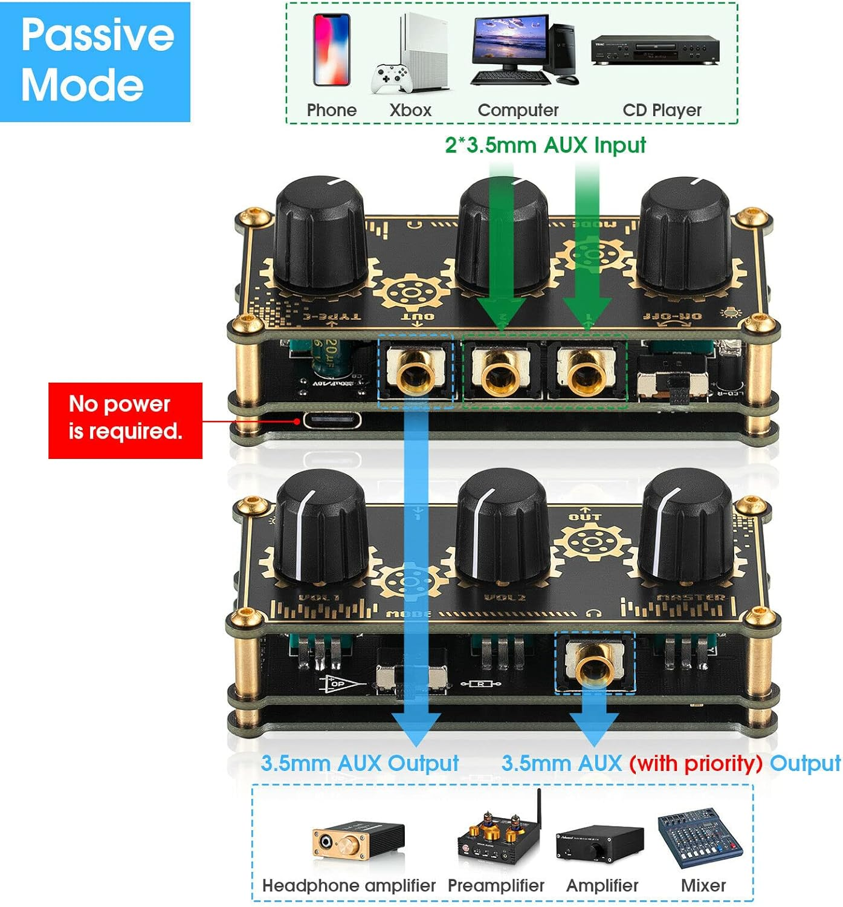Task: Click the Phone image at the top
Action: point(331,50)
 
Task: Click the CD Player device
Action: point(654,50)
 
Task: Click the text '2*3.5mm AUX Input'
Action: point(545,145)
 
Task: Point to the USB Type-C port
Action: point(332,420)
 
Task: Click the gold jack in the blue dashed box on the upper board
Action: point(416,370)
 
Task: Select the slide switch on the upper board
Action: point(673,385)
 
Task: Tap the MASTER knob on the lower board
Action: point(686,526)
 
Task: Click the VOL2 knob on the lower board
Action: point(502,526)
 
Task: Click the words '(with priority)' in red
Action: point(695,763)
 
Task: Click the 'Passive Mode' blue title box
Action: point(95,62)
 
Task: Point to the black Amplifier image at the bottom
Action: point(599,842)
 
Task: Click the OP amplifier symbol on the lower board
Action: point(341,684)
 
